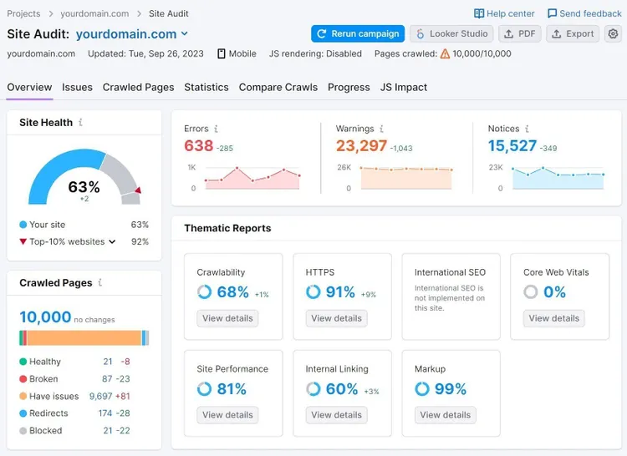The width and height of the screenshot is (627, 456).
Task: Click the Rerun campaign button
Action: [358, 34]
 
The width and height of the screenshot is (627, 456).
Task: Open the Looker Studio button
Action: [451, 34]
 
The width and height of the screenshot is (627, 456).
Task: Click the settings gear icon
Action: [613, 34]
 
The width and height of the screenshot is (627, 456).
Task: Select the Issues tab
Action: [77, 87]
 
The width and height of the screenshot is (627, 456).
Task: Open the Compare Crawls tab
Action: [278, 87]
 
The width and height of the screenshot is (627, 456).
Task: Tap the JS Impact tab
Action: [404, 87]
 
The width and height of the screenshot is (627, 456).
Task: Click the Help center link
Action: [504, 13]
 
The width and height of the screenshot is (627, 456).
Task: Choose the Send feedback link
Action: [584, 13]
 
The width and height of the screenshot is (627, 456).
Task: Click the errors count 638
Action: [199, 146]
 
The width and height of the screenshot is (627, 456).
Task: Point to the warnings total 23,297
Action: [361, 146]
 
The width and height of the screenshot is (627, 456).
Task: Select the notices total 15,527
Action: [512, 146]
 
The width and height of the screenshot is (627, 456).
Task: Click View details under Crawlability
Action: [227, 318]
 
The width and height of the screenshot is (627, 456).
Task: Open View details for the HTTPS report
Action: [336, 318]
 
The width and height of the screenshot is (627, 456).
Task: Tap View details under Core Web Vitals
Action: [553, 318]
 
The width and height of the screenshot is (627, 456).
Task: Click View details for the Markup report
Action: [445, 415]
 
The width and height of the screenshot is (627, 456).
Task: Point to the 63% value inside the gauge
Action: [84, 187]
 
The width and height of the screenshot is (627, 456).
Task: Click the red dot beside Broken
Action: [23, 379]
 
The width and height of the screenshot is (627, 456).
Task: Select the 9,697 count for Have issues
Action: [101, 396]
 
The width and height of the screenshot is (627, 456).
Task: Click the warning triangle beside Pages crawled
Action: [445, 53]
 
